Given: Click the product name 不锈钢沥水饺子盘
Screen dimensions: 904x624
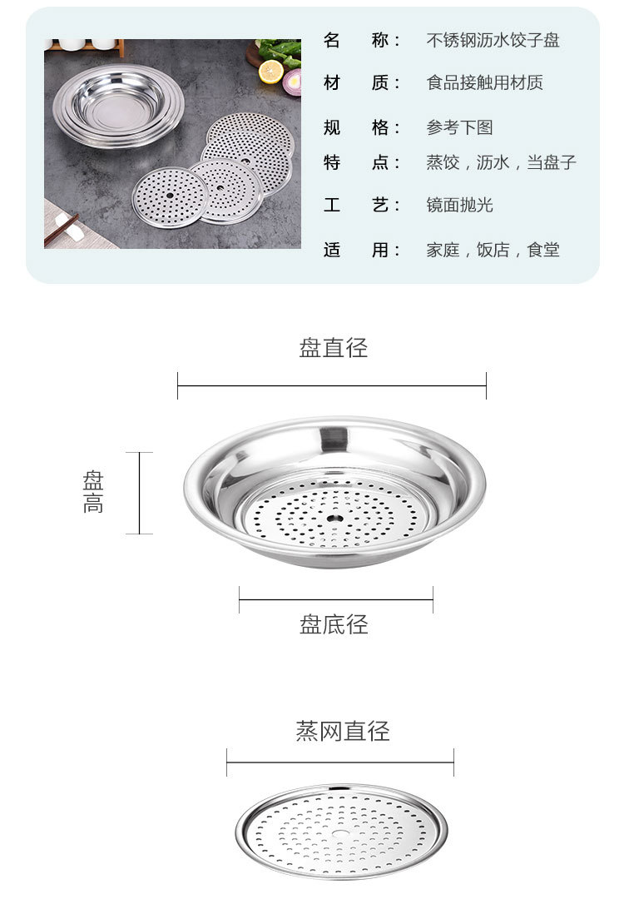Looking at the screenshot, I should pyautogui.click(x=493, y=40).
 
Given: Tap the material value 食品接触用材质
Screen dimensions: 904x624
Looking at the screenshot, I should pyautogui.click(x=484, y=82).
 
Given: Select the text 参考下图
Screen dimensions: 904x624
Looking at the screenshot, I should pyautogui.click(x=459, y=127).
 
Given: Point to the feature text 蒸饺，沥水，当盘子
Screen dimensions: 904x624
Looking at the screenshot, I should pyautogui.click(x=501, y=162).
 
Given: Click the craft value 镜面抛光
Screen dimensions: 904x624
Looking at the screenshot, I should pyautogui.click(x=459, y=205).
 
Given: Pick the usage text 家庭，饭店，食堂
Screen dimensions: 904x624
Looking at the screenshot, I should pyautogui.click(x=493, y=250).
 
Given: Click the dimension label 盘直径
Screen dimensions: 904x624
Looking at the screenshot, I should pyautogui.click(x=333, y=348).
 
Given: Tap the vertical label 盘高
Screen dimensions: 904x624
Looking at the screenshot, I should pyautogui.click(x=93, y=492).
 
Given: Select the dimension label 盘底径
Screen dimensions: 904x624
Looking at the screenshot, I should pyautogui.click(x=334, y=624).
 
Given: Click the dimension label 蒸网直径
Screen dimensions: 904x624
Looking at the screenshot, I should pyautogui.click(x=342, y=732).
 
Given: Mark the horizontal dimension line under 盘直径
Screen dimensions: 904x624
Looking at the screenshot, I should pyautogui.click(x=331, y=385).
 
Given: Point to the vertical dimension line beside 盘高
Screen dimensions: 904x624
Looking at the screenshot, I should pyautogui.click(x=139, y=493).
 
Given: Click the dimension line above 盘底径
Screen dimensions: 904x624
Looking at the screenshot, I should pyautogui.click(x=335, y=599).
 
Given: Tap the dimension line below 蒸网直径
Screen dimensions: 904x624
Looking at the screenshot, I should pyautogui.click(x=339, y=762).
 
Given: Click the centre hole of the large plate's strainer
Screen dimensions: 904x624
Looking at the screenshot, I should pyautogui.click(x=334, y=519).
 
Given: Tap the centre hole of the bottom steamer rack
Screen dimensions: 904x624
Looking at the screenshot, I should pyautogui.click(x=341, y=832).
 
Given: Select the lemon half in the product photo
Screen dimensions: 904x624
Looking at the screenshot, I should pyautogui.click(x=270, y=72).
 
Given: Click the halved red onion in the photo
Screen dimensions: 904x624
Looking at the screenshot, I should pyautogui.click(x=293, y=82).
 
